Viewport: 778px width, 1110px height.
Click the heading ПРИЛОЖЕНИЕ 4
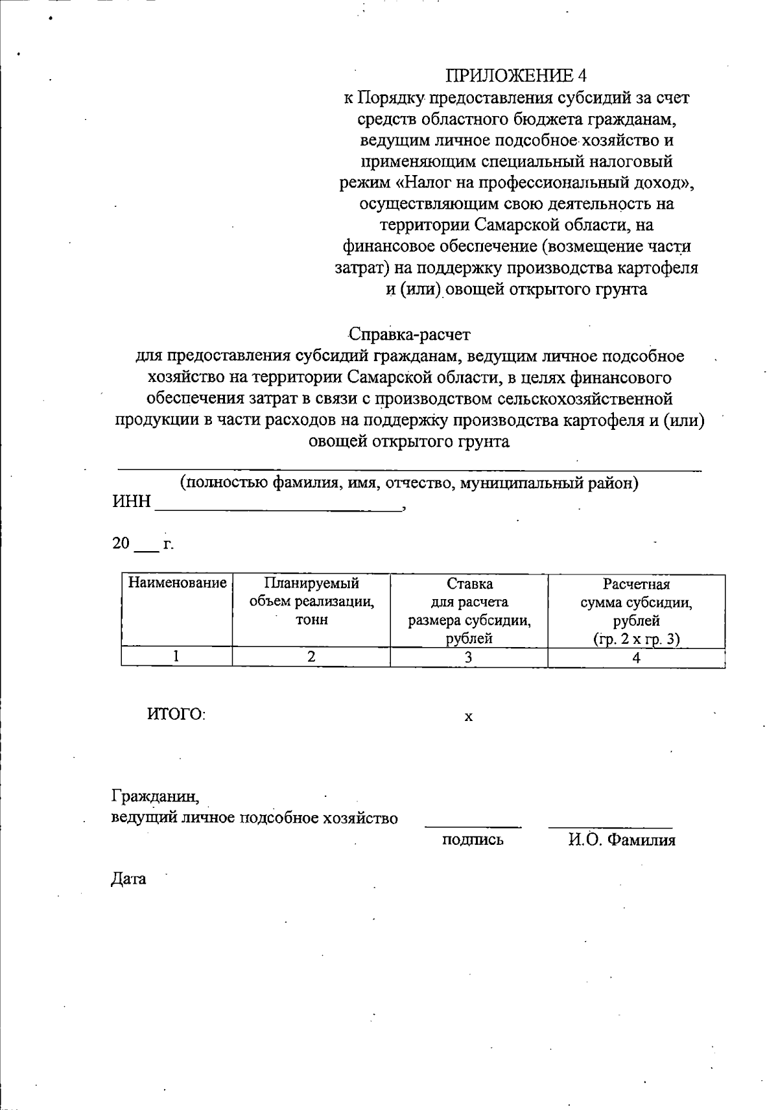pos(515,76)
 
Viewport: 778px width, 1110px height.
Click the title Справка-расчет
pos(409,335)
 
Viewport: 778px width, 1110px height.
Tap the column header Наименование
pos(177,583)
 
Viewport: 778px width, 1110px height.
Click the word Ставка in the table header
pos(469,584)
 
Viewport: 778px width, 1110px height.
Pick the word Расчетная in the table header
pos(636,584)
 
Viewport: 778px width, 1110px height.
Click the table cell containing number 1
pos(176,657)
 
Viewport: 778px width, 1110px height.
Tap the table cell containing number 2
pos(311,657)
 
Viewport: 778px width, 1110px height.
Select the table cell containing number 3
pos(469,657)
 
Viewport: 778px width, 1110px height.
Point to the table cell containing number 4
pos(636,657)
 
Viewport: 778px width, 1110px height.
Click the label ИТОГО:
pos(176,714)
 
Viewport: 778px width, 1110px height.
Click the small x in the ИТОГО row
pos(469,717)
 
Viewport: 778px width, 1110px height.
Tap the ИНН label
pos(132,502)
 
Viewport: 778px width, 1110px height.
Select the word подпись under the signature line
pos(473,840)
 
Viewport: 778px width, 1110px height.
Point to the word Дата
pos(128,879)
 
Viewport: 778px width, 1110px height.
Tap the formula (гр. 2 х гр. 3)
pos(636,639)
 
